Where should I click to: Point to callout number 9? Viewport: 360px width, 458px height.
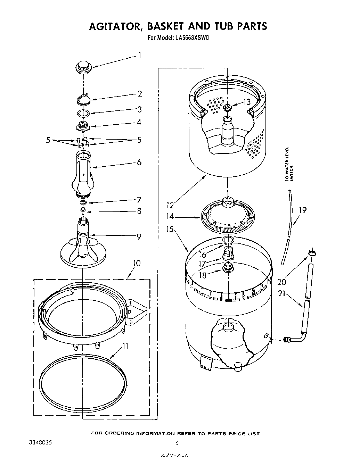click(x=139, y=236)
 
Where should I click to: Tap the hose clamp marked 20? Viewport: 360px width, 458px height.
click(x=311, y=253)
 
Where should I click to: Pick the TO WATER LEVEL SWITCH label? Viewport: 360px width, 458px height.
click(x=289, y=164)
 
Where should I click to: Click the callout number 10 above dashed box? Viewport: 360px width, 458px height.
click(x=137, y=263)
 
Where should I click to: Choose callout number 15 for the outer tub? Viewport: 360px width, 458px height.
click(x=170, y=230)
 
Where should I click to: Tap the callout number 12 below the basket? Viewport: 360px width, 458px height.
click(x=170, y=205)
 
